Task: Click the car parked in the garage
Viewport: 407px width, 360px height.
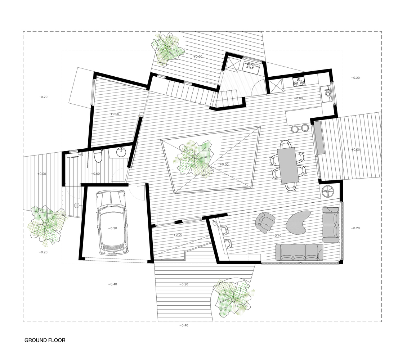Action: coord(112,223)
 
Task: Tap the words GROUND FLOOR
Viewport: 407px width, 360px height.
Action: coord(45,340)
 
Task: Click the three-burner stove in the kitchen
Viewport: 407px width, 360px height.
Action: coord(299,82)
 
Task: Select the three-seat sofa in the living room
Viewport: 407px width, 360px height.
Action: coord(299,251)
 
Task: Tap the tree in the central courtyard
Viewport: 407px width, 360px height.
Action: coord(195,158)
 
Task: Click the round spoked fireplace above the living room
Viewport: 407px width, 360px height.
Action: coord(328,191)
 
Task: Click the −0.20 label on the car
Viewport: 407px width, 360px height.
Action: coord(112,228)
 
